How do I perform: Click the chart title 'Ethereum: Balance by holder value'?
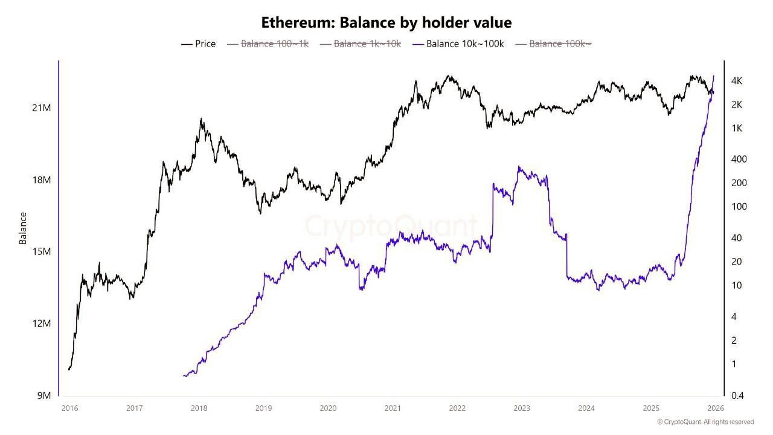pyautogui.click(x=386, y=23)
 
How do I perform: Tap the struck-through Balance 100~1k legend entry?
pyautogui.click(x=268, y=43)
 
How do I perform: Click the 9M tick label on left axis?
pyautogui.click(x=43, y=396)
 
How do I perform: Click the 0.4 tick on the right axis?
pyautogui.click(x=737, y=396)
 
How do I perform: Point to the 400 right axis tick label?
pyautogui.click(x=739, y=159)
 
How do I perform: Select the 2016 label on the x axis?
pyautogui.click(x=69, y=408)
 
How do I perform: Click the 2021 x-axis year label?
pyautogui.click(x=393, y=408)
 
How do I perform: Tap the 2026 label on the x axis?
pyautogui.click(x=716, y=408)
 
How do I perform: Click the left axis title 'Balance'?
pyautogui.click(x=23, y=228)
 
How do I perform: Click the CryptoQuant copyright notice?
pyautogui.click(x=705, y=422)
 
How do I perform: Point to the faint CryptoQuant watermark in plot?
pyautogui.click(x=391, y=226)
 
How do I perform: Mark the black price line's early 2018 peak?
pyautogui.click(x=201, y=119)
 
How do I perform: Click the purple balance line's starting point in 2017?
pyautogui.click(x=184, y=376)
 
